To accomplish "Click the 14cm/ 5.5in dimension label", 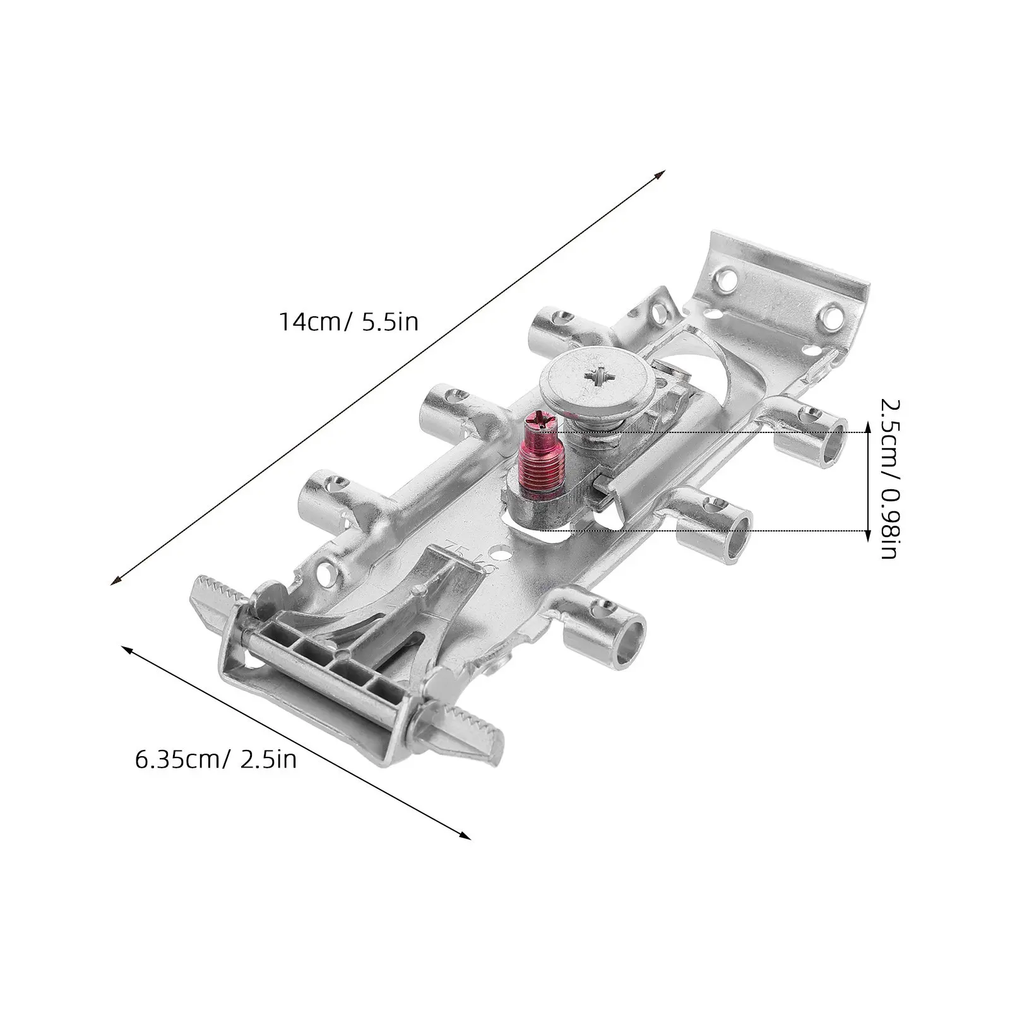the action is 349,322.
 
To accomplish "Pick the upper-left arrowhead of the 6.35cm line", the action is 128,651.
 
